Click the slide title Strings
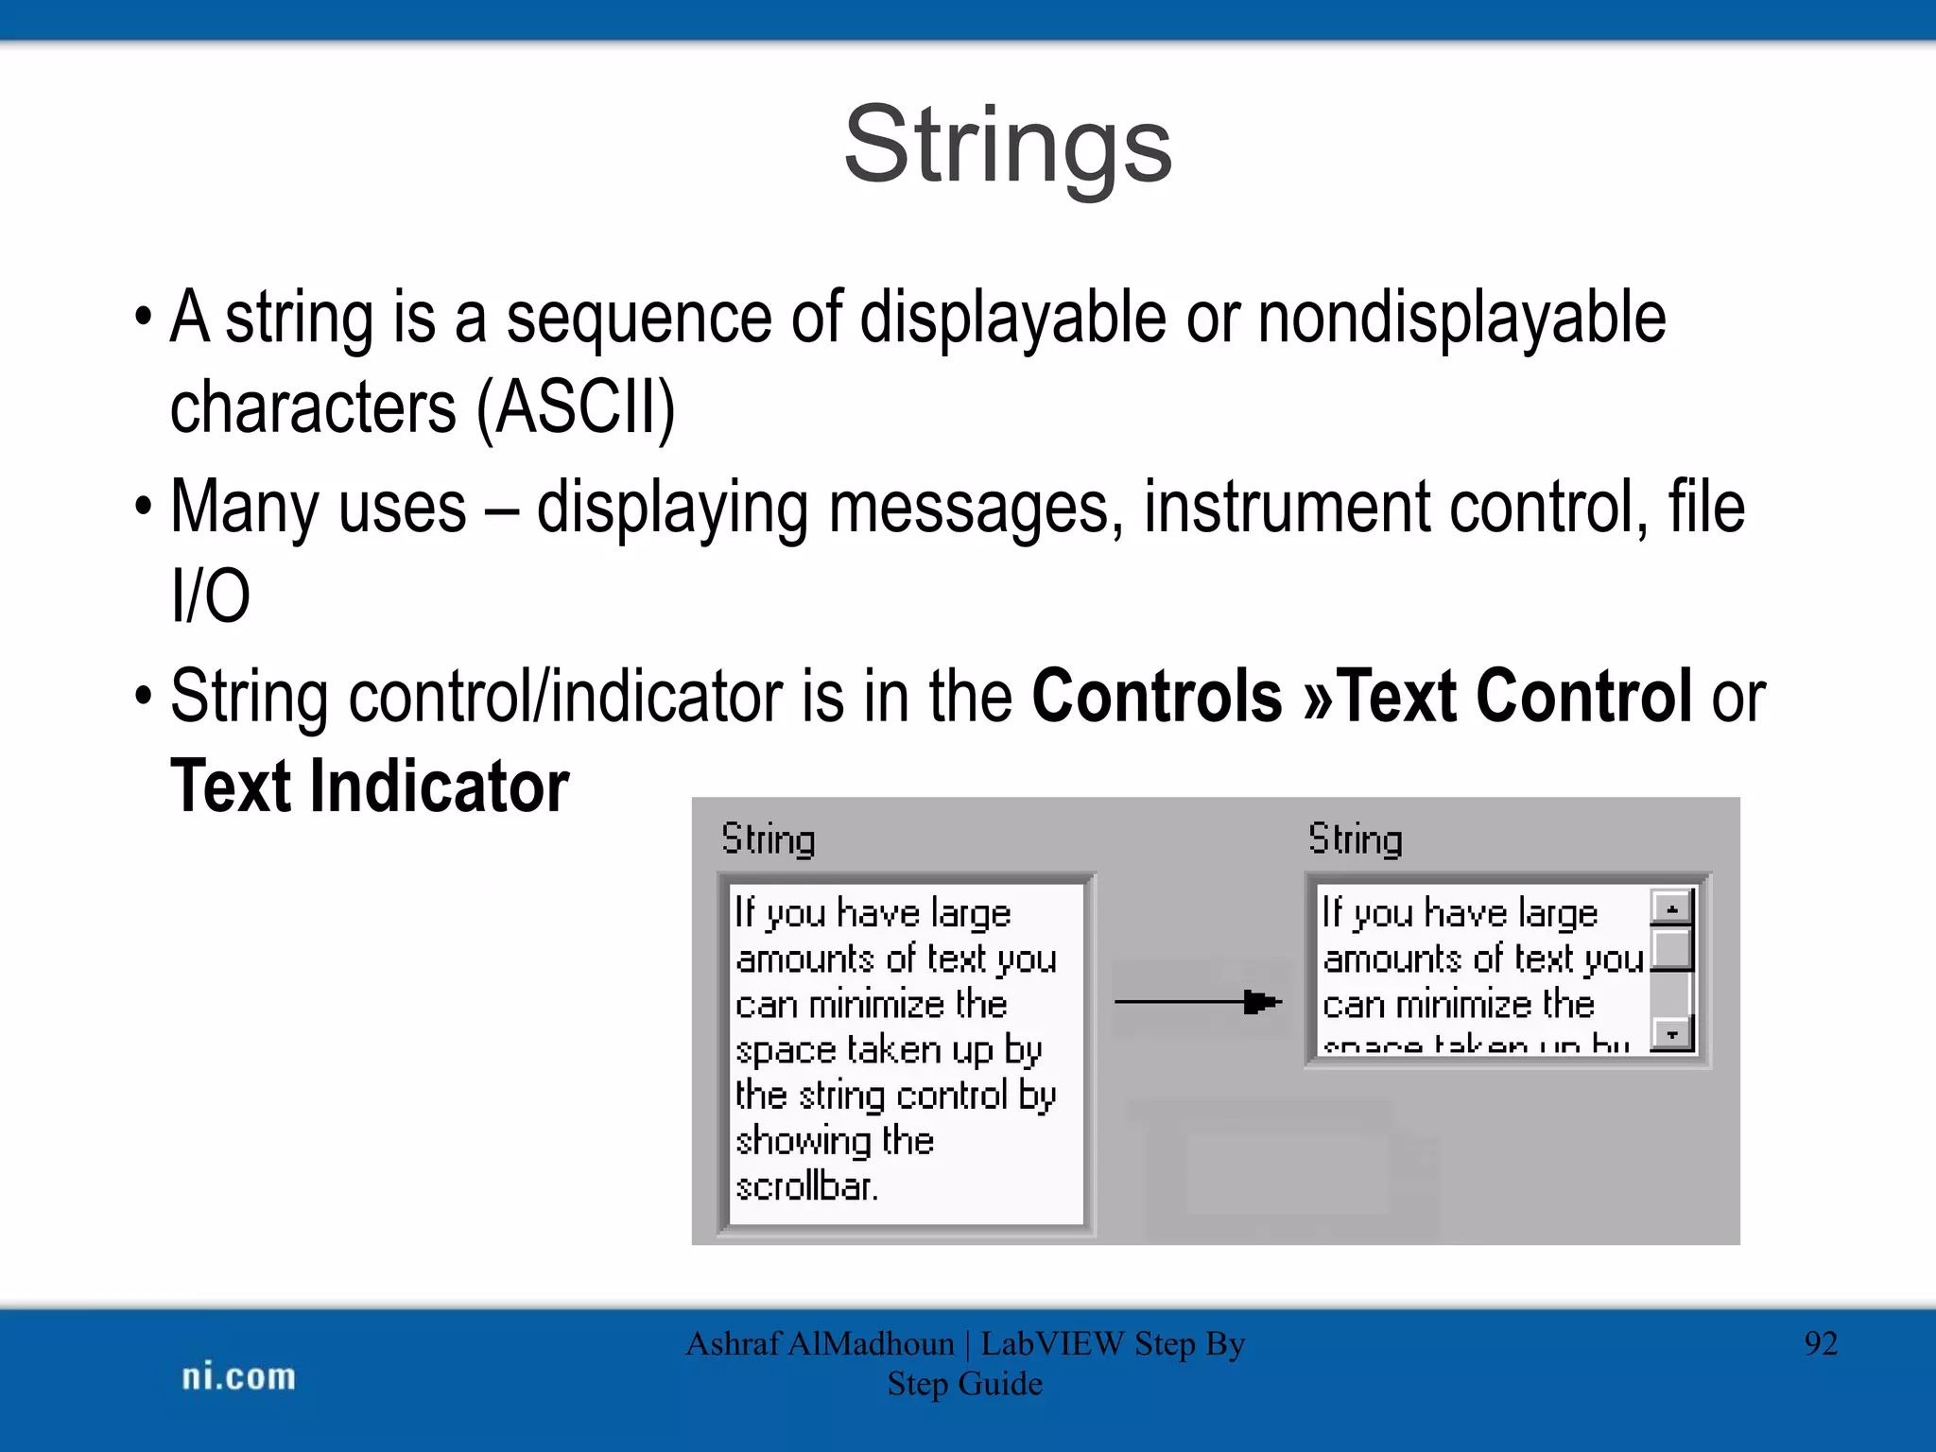(x=1008, y=147)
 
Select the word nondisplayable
(x=1461, y=318)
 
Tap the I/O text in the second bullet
(x=210, y=596)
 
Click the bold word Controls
(x=1156, y=697)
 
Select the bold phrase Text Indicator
(x=370, y=786)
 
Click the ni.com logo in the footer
(x=238, y=1376)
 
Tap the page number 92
(x=1821, y=1343)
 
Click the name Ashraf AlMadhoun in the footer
(x=820, y=1343)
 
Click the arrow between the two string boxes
(x=1198, y=1002)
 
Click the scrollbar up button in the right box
(x=1671, y=908)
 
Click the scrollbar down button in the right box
(x=1671, y=1034)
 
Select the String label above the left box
(x=768, y=839)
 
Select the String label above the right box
(x=1355, y=839)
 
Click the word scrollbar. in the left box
(x=806, y=1186)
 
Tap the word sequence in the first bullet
(x=638, y=318)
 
